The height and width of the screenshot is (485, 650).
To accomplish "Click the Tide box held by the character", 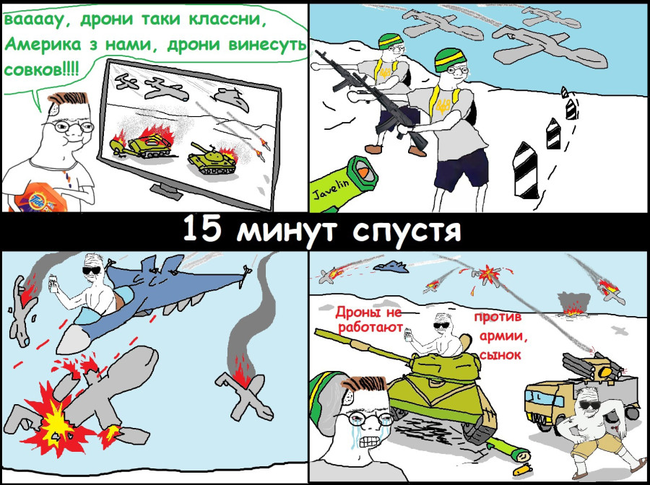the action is (x=40, y=198).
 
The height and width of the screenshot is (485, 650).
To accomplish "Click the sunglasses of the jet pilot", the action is (x=92, y=271).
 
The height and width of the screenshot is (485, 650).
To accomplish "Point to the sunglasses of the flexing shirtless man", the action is (x=589, y=405).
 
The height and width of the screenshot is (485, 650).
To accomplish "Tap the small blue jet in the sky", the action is (x=391, y=266).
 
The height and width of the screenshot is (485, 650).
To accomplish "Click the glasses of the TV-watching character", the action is (x=71, y=126).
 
